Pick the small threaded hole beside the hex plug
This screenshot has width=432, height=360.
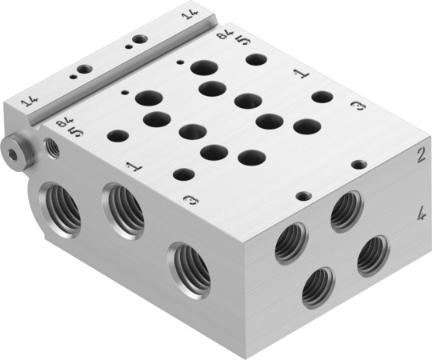click(54, 146)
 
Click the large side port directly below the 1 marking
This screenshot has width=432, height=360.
click(125, 211)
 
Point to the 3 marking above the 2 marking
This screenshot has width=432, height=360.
click(358, 107)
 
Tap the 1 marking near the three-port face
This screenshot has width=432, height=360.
click(132, 167)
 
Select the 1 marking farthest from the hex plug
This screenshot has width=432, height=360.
click(302, 74)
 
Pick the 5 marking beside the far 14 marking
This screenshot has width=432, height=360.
click(242, 39)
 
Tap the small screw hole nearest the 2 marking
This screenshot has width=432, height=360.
click(360, 163)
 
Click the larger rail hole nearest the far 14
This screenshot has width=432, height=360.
click(140, 38)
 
